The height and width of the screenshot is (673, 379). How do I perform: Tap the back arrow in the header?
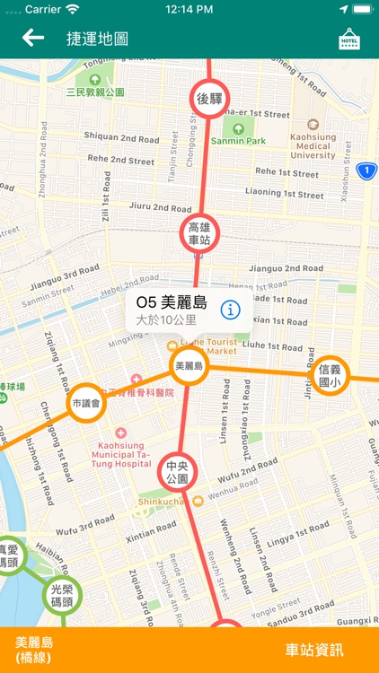(x=33, y=38)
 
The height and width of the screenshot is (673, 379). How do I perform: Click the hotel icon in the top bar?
(x=348, y=39)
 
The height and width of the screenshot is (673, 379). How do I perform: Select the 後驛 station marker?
(x=209, y=100)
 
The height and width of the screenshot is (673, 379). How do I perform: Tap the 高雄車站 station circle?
(x=198, y=233)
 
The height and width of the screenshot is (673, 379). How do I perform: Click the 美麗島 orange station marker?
(x=189, y=365)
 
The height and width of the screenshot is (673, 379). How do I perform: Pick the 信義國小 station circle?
(x=330, y=375)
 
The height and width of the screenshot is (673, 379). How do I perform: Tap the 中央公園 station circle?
(x=177, y=472)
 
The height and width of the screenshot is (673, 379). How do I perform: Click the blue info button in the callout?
(x=231, y=310)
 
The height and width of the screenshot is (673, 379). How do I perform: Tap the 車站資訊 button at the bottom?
(x=314, y=650)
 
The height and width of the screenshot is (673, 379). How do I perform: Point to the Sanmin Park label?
(x=238, y=140)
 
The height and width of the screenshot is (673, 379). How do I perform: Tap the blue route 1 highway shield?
(x=366, y=170)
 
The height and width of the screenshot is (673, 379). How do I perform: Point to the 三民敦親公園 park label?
(x=95, y=92)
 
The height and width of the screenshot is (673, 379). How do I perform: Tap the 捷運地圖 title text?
(x=97, y=39)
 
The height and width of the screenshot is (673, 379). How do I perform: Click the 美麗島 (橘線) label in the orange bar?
(x=35, y=650)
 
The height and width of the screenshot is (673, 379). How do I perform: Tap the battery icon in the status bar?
(x=361, y=8)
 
